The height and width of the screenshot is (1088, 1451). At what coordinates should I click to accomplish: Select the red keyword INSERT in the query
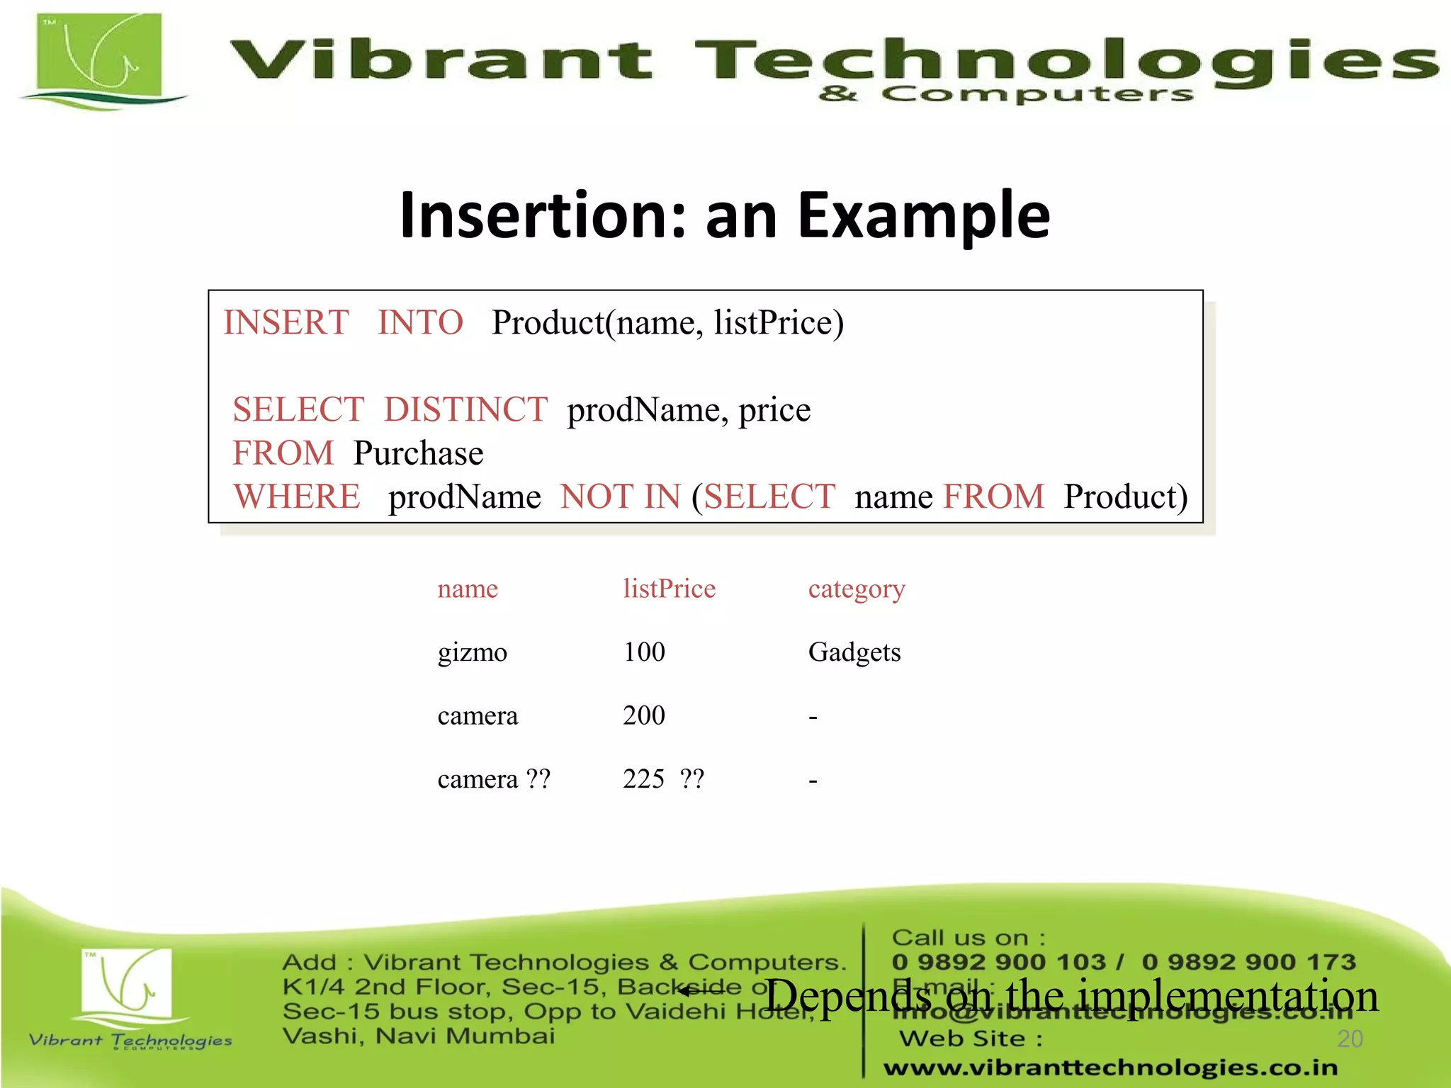click(286, 323)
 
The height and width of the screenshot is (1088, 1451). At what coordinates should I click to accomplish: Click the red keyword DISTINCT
click(465, 410)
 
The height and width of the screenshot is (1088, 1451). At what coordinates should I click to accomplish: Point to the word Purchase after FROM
click(418, 454)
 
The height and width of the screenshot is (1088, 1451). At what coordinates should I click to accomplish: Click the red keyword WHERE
click(297, 497)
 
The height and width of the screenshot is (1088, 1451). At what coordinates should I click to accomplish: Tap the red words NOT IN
click(620, 497)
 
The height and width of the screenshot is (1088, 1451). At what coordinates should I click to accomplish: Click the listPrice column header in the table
click(669, 589)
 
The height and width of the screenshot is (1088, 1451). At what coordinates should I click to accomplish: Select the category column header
click(857, 589)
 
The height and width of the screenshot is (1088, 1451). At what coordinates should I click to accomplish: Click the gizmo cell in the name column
click(472, 652)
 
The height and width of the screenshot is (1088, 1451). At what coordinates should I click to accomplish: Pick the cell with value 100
click(644, 652)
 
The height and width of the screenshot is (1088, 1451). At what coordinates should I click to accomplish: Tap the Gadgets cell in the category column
click(854, 652)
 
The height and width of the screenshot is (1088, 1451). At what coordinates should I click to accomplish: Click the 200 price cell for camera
click(644, 716)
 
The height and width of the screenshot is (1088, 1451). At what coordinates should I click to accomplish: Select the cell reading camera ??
click(494, 780)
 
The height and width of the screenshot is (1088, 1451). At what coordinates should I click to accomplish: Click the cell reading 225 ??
click(663, 780)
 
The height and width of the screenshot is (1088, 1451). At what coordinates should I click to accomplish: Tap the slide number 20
click(1350, 1039)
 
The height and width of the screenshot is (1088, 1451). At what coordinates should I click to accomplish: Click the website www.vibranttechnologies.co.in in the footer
click(1110, 1067)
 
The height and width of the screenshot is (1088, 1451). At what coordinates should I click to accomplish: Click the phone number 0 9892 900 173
click(1248, 962)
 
